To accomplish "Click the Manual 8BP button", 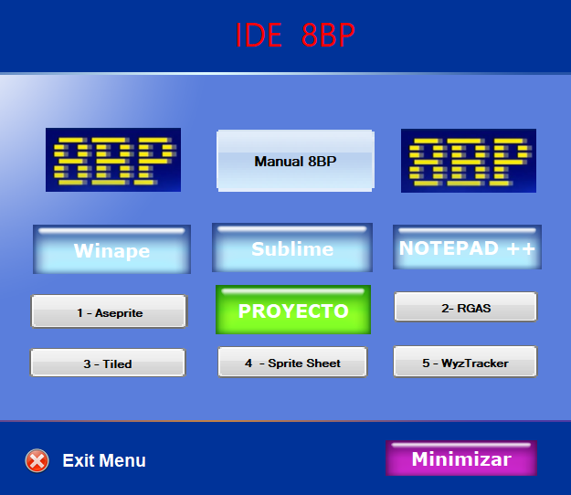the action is click(295, 161).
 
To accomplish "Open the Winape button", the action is click(111, 249).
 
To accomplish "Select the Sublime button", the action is click(292, 247).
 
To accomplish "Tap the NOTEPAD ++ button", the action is click(467, 247).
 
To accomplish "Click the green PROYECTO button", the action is click(293, 310).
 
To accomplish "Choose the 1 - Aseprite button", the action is click(109, 311).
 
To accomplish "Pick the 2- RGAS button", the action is click(466, 307).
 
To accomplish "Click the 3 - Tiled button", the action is click(108, 363).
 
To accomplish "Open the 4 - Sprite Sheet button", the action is click(292, 362).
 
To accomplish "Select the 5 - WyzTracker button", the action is click(465, 362).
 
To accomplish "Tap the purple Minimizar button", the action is click(461, 458).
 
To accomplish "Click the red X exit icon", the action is click(37, 461).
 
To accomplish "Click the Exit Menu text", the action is click(104, 460).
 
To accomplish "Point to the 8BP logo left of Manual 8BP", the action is click(113, 160).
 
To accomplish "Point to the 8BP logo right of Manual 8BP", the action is click(469, 161).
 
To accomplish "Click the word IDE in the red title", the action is click(259, 35).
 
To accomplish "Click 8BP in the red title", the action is click(328, 35).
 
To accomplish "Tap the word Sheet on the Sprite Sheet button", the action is click(323, 363).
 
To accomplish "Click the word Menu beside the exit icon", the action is click(122, 460).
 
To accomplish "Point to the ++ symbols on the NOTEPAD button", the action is click(521, 248).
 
